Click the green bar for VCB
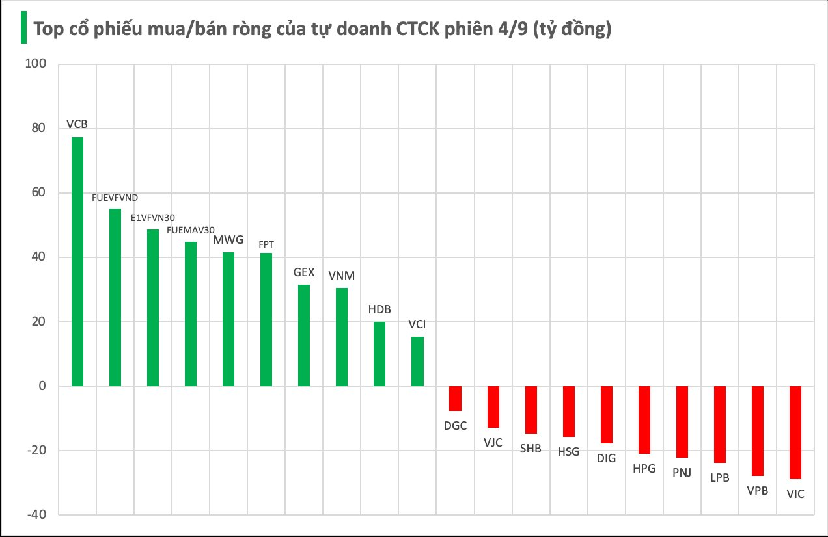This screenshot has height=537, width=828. (77, 261)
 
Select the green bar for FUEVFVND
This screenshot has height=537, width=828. (115, 297)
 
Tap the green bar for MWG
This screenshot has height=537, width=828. (228, 319)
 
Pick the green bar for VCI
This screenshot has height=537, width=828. (417, 361)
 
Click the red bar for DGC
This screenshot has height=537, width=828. (455, 399)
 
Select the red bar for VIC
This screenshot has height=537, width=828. (795, 432)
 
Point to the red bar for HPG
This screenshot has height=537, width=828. (644, 420)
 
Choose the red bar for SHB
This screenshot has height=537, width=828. (531, 410)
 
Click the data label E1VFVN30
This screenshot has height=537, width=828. (153, 218)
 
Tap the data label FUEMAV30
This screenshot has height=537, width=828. (191, 230)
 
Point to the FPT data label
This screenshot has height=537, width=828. (266, 243)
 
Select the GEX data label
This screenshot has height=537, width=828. (304, 272)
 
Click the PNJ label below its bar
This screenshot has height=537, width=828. (682, 473)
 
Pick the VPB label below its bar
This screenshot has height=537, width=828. (758, 491)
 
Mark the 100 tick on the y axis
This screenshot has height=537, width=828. (34, 64)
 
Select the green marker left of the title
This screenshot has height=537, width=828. (23, 27)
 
